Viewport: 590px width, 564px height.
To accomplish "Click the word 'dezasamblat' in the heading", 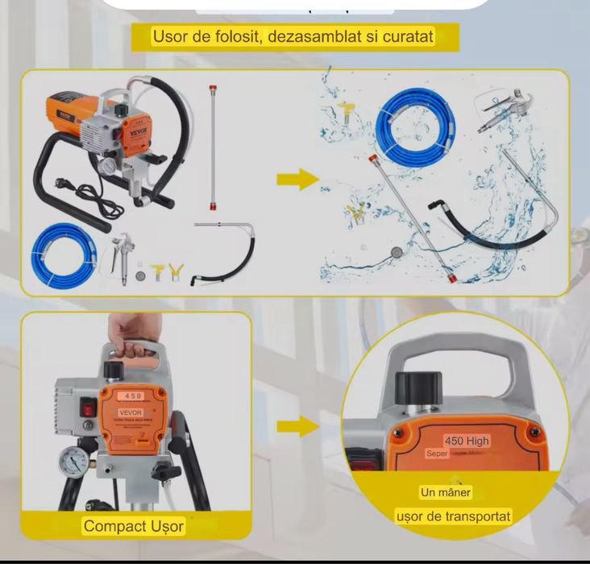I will point(307,36).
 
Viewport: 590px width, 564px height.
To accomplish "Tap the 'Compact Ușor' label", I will point(135,526).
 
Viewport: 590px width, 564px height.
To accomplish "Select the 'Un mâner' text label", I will point(445,491).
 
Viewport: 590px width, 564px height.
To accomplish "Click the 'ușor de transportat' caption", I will point(453,516).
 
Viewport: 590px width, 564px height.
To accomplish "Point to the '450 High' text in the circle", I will point(467,441).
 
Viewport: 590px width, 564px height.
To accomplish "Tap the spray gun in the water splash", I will point(500,113).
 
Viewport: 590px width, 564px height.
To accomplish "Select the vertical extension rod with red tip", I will point(215,144).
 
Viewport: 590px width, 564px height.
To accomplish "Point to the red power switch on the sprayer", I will point(87,409).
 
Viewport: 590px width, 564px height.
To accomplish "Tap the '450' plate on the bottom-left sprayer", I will point(132,396).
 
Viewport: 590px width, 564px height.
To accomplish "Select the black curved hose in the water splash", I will point(484,226).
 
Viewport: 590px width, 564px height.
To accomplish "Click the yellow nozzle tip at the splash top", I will point(348,108).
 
